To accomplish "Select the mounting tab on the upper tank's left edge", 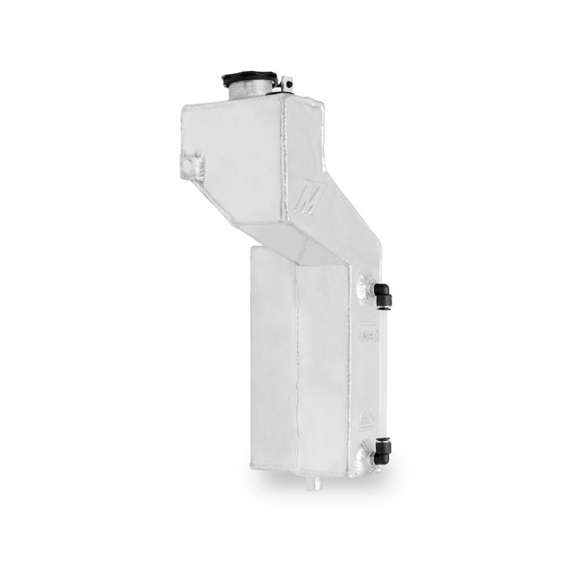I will (194, 163).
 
